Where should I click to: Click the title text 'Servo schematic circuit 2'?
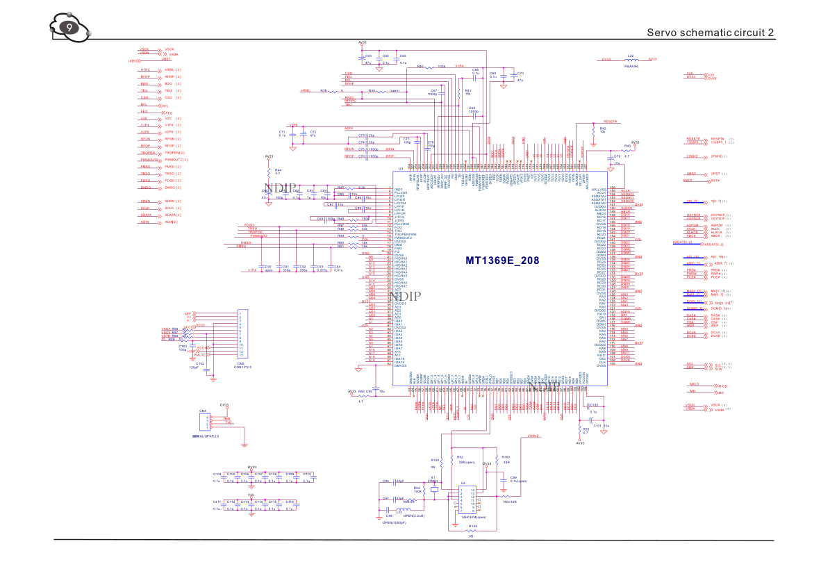[x=710, y=33]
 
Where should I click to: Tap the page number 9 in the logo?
[x=69, y=28]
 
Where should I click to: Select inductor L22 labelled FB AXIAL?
[x=630, y=60]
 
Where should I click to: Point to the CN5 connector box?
[x=242, y=334]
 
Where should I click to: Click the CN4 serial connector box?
[x=204, y=422]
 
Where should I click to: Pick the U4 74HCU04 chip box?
[x=463, y=501]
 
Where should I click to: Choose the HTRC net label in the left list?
[x=145, y=70]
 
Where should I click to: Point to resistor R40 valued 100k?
[x=431, y=67]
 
